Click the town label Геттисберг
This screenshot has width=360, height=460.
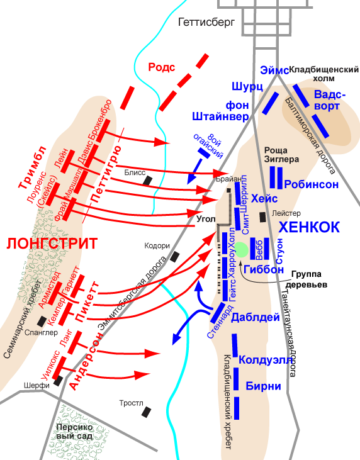coord(206,22)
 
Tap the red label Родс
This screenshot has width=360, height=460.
coord(161,67)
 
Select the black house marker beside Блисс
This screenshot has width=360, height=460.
coord(147,180)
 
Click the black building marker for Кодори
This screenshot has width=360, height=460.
coord(175,257)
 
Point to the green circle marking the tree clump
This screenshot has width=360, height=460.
coord(242,250)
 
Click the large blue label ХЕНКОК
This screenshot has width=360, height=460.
coord(309,227)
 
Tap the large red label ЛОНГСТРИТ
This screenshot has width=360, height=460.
coord(52,244)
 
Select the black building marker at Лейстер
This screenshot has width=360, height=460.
coord(263,217)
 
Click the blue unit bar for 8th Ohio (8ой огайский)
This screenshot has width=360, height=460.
coord(204,153)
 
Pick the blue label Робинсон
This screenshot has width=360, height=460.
coord(312,184)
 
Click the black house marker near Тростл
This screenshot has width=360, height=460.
coord(146,412)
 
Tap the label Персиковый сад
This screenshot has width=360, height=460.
coord(74,432)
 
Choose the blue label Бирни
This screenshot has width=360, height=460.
coord(263,386)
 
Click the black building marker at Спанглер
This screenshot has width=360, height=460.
coord(42,321)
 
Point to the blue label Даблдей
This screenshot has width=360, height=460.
coord(256,317)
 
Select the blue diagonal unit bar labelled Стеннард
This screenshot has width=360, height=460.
coord(217,313)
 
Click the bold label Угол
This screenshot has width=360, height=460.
coord(206,219)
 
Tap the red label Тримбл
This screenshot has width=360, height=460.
coord(33,167)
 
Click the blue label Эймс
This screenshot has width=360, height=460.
coord(274,70)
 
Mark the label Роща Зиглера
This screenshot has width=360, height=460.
coord(282,155)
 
